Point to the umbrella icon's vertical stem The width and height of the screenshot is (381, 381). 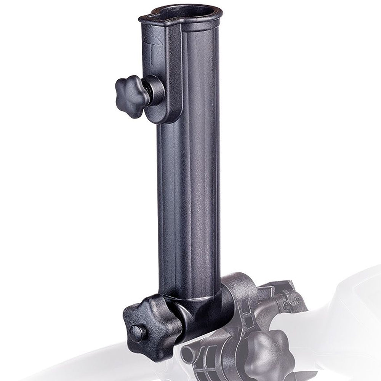point(152,53)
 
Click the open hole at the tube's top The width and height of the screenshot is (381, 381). point(181,13)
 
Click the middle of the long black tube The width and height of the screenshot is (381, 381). point(189,190)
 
